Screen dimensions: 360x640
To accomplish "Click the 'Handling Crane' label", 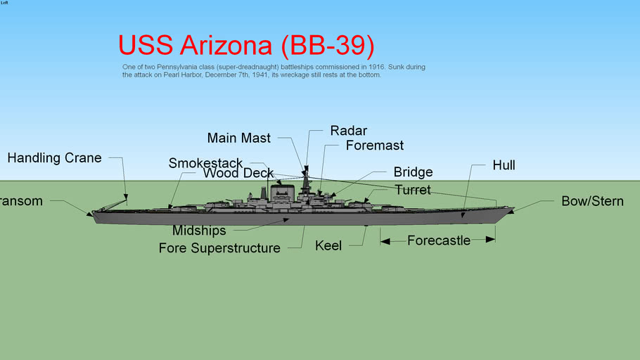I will [54, 158].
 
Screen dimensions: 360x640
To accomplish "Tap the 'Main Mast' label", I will [238, 139].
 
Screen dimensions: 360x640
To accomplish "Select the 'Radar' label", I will [348, 131].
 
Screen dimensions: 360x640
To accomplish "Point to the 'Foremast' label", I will [374, 146].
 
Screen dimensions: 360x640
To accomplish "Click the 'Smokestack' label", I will [205, 164].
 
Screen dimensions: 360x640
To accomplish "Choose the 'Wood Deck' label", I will [238, 174].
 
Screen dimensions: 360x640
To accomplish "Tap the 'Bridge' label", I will [413, 172].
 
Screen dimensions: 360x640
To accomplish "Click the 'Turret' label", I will [413, 190].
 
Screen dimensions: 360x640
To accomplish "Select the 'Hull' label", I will [504, 165].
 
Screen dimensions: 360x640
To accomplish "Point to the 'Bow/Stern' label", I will [592, 201].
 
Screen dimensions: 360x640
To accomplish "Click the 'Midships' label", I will [199, 231].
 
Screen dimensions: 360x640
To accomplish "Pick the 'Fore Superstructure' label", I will [219, 247].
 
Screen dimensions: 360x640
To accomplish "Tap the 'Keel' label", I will [328, 245].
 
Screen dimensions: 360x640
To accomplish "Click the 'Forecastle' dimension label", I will [439, 240].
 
